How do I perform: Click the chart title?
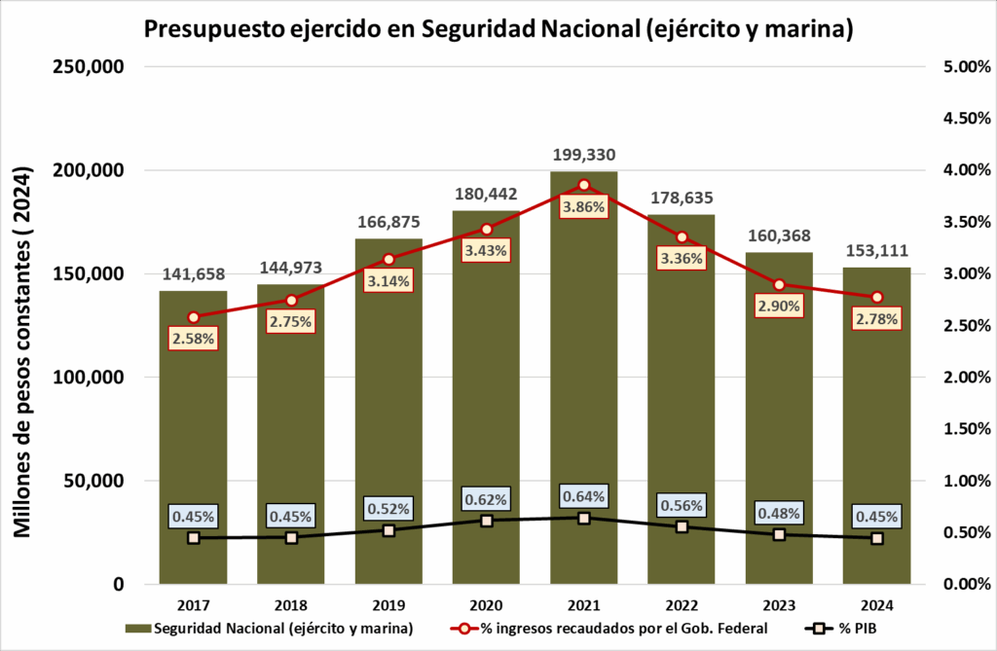click(x=498, y=28)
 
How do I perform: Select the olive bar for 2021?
click(x=584, y=389)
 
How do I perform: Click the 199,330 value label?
click(x=584, y=154)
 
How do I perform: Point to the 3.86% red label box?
click(x=584, y=206)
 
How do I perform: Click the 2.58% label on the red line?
click(x=194, y=339)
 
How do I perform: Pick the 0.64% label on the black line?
click(x=584, y=496)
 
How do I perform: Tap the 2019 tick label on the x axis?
click(x=388, y=604)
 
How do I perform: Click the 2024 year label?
click(x=877, y=604)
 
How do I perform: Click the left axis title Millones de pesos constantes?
click(x=24, y=352)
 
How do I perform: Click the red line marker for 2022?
click(x=682, y=237)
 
